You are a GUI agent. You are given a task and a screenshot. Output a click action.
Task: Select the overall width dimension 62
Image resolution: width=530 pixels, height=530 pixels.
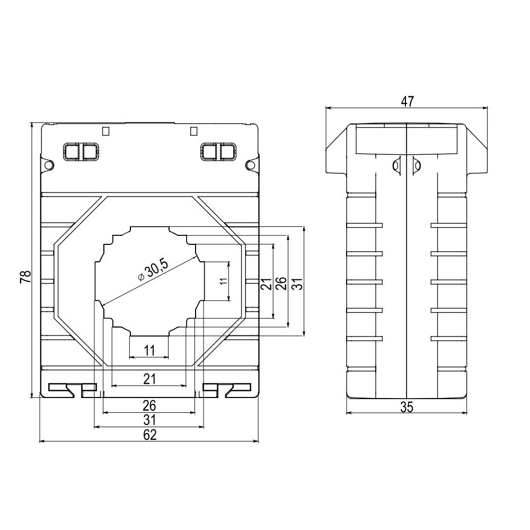point(149,435)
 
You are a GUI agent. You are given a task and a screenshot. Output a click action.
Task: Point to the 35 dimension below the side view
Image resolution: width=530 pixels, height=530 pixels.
point(407,407)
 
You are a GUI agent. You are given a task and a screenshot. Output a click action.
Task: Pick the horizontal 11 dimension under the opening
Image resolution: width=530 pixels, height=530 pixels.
point(149,350)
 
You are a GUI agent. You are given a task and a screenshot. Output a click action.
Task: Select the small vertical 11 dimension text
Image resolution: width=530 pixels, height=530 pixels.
point(223,281)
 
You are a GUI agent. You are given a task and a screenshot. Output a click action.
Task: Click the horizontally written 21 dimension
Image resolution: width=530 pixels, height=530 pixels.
point(149,378)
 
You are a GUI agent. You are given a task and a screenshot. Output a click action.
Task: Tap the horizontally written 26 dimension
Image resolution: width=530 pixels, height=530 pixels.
point(149,405)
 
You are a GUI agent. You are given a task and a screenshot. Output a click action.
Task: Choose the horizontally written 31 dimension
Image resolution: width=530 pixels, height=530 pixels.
point(149,420)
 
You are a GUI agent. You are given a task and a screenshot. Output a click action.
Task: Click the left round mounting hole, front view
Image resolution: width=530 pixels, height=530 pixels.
point(48,165)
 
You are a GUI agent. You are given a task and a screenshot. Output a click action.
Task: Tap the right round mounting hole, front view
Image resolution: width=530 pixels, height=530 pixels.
point(251,165)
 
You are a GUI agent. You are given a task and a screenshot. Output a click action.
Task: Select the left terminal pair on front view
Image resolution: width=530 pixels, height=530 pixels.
point(81,152)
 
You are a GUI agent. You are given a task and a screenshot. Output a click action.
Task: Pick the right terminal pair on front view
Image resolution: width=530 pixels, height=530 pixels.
point(218,152)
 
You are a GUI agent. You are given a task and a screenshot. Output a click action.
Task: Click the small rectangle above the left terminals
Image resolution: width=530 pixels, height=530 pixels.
point(105,130)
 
